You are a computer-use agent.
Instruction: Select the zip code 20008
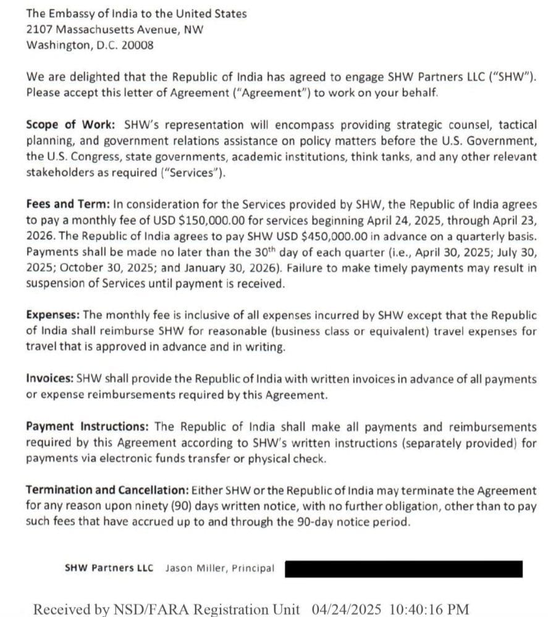pos(140,45)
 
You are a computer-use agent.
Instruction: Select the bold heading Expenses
pos(53,315)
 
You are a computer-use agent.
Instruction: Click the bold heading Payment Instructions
pos(86,427)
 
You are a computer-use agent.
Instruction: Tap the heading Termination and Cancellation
pos(107,490)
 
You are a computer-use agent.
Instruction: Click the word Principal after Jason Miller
pos(253,568)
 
